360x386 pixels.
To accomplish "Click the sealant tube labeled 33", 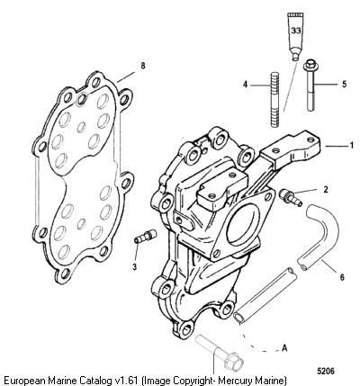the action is (x=295, y=36).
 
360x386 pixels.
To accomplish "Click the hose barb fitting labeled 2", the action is (x=291, y=198).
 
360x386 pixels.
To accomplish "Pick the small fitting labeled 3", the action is (x=144, y=236).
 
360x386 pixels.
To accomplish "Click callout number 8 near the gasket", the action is (x=143, y=66).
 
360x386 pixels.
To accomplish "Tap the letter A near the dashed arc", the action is (x=284, y=348).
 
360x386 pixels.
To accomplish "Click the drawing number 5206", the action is (x=326, y=371).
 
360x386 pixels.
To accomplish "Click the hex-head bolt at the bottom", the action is (x=220, y=353).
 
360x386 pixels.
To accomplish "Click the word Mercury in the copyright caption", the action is (x=234, y=380).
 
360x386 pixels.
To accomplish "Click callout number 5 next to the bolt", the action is (x=344, y=84).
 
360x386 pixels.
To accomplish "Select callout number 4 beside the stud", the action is (x=246, y=85).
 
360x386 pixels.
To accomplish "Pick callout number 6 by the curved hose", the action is (x=342, y=277).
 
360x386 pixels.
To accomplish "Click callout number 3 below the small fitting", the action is (x=134, y=266).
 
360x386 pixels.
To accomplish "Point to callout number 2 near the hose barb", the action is (x=326, y=190).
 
